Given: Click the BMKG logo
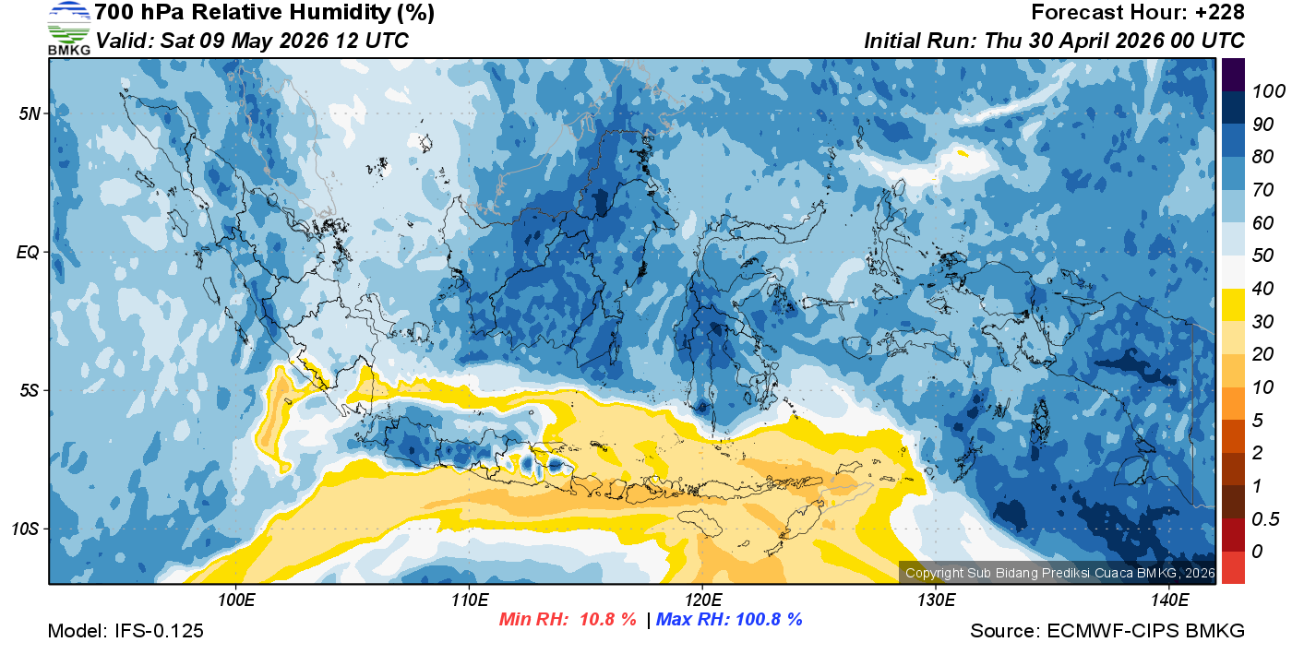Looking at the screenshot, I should tap(68, 28).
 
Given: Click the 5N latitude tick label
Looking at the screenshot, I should tap(29, 114).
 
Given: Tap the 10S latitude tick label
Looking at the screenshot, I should tap(27, 529).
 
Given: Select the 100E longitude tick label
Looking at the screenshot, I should tap(236, 600).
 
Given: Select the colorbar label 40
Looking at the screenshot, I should tap(1262, 289).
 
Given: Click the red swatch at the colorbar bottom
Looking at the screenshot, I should tap(1234, 567).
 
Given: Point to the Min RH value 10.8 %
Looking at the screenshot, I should tap(607, 620).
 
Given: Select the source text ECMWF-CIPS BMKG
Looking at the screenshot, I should tap(1145, 632).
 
